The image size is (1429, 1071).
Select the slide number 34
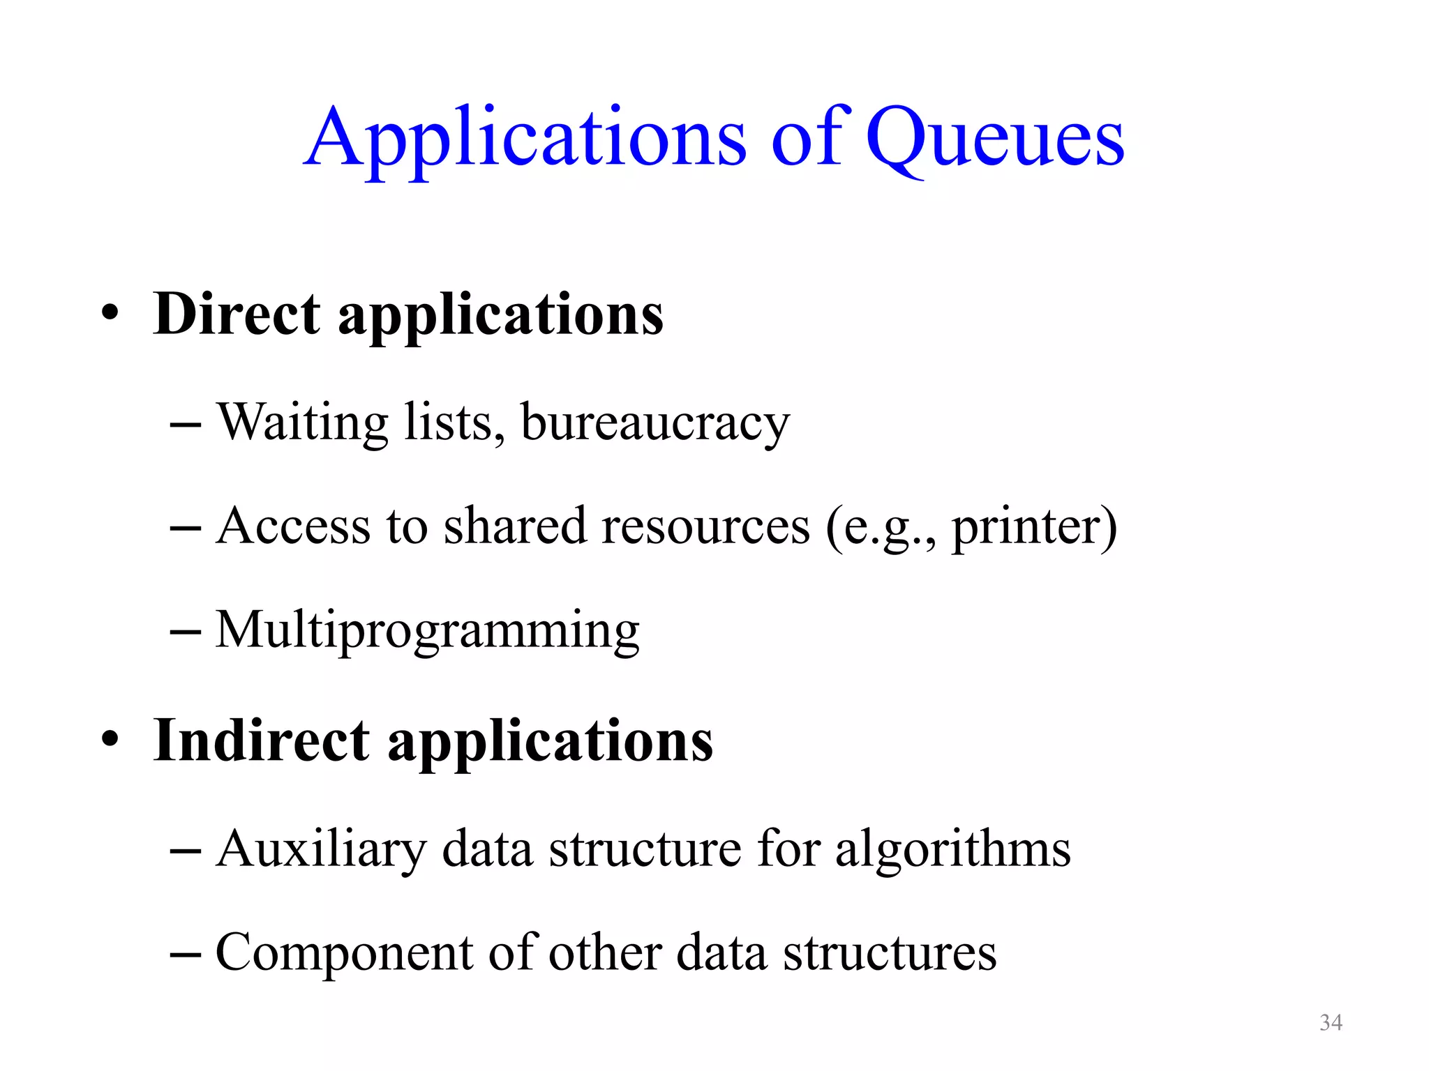click(1331, 1022)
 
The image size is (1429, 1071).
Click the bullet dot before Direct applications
click(110, 315)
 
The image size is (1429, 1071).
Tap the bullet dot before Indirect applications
click(110, 741)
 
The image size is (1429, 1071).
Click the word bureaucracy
click(655, 423)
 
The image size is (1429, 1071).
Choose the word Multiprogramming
click(427, 630)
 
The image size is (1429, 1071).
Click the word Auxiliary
click(320, 849)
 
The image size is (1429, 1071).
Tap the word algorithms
click(952, 849)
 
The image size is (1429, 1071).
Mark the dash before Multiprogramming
click(186, 632)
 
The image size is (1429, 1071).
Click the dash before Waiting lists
click(186, 425)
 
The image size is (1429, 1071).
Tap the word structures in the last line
click(890, 953)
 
